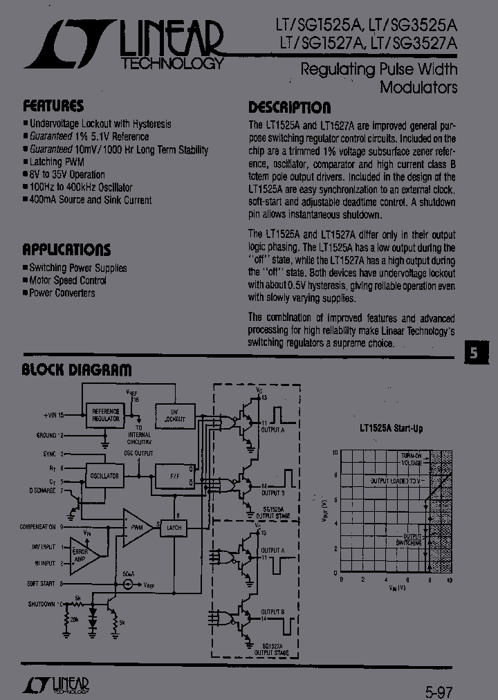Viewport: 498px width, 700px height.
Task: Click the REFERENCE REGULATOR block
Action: click(x=106, y=415)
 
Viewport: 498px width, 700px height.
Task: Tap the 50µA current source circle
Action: click(x=127, y=584)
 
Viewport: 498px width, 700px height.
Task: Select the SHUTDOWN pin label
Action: click(x=41, y=604)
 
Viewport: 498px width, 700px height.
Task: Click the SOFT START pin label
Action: click(x=42, y=584)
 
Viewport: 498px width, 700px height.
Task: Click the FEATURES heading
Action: click(x=53, y=106)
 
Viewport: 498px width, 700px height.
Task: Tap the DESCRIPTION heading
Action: click(x=289, y=107)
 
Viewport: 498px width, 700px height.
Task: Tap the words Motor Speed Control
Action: click(x=68, y=280)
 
